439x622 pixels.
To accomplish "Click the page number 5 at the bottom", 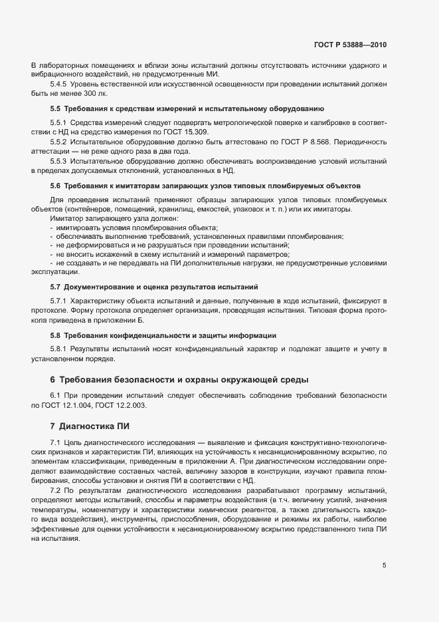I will click(384, 565).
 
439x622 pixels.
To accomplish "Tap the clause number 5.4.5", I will click(58, 85).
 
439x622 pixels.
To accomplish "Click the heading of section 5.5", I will click(187, 108).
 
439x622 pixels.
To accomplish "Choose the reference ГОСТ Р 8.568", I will click(321, 142).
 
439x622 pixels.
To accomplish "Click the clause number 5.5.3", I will click(58, 162).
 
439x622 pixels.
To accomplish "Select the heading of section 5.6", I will click(205, 185).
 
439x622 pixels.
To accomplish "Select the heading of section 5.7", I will click(153, 287).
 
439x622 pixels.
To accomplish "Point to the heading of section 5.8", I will click(163, 335).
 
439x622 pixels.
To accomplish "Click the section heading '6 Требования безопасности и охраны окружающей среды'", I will click(179, 379).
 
